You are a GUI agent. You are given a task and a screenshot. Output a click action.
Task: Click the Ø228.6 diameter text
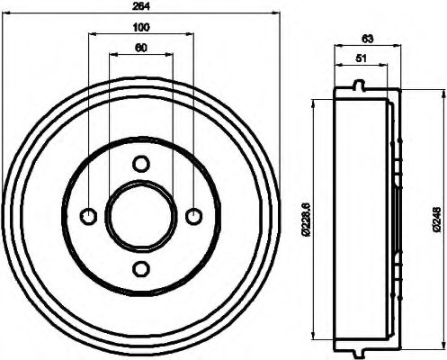(x=306, y=219)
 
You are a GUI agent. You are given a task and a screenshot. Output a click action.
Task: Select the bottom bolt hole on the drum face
(x=140, y=268)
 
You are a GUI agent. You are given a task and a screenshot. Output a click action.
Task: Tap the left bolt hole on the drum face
(x=88, y=216)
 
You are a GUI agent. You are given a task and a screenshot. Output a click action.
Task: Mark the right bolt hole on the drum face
(x=193, y=216)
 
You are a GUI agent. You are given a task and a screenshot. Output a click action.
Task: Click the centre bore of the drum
(x=140, y=216)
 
